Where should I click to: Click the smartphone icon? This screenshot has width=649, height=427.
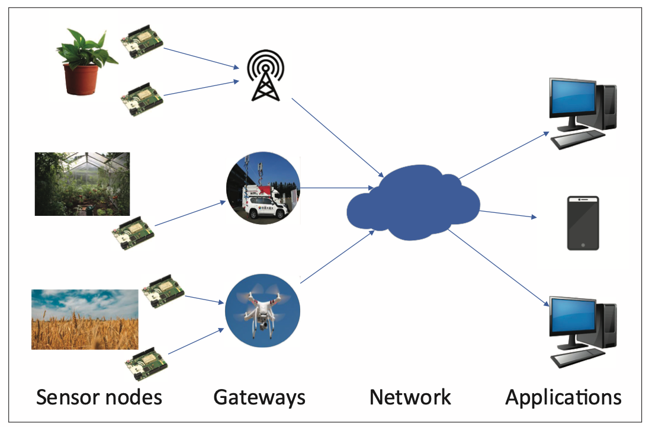coord(583,223)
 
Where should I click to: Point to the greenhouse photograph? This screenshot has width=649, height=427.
coord(82,183)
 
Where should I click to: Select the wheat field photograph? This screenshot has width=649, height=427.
coord(84,319)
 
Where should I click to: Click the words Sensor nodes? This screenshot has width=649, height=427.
coord(99,397)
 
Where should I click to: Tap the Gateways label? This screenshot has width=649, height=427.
coord(259,397)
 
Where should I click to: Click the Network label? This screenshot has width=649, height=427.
coord(410,397)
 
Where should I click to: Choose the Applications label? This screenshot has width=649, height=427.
coord(563,397)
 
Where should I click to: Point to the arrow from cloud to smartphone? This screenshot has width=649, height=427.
coord(506,213)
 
